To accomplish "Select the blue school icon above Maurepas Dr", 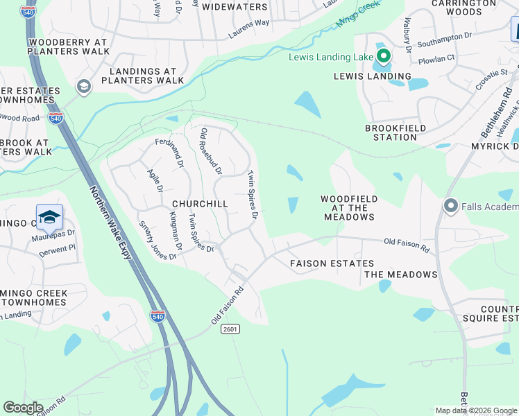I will (x=49, y=218).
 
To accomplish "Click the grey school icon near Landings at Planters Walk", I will (x=83, y=87).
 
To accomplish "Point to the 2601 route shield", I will (x=231, y=329).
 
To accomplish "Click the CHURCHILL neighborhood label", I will (x=200, y=204).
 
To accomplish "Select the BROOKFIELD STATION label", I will (x=391, y=132).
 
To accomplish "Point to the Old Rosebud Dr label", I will (x=211, y=150).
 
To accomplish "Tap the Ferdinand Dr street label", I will (x=169, y=154).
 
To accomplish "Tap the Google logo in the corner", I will (x=23, y=408).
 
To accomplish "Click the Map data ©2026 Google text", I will (x=476, y=410).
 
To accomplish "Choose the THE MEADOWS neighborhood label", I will (x=401, y=275).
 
